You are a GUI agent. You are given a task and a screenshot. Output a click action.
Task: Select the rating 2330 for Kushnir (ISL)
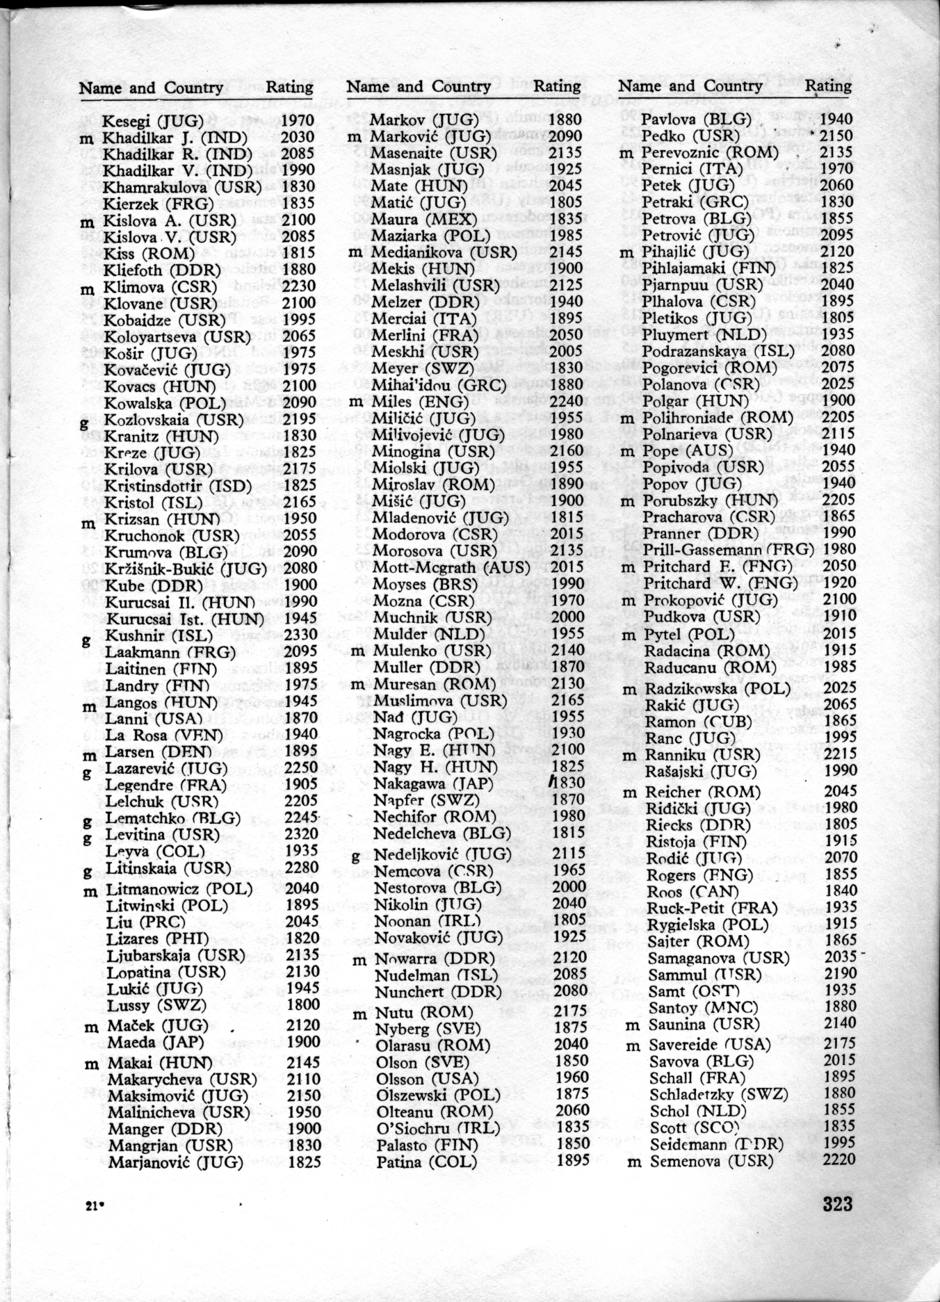pos(300,635)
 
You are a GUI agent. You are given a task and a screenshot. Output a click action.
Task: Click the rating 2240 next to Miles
pos(567,401)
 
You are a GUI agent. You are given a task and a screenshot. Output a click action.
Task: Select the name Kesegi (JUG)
pos(153,121)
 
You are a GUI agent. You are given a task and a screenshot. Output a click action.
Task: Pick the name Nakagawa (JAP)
pos(433,783)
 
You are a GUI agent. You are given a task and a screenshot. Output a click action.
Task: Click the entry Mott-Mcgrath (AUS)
pos(451,567)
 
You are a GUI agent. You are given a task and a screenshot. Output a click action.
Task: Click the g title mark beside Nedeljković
pos(356,856)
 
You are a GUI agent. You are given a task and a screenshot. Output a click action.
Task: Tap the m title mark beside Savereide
pos(633,1045)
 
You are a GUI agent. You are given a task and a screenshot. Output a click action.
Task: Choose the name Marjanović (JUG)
pos(175,1162)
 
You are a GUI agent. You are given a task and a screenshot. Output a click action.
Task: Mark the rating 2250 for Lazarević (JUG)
pos(301,768)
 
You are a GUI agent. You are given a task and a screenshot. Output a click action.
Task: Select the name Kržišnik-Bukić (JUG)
pos(186,569)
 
